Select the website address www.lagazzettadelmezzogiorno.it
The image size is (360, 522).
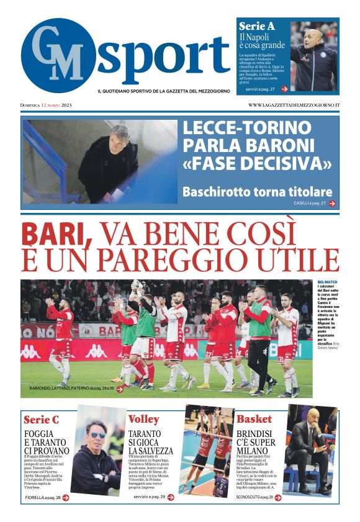(294, 105)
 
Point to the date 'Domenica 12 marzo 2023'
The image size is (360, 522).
(47, 105)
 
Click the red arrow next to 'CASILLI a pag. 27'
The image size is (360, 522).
(333, 203)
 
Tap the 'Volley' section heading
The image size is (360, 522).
(144, 419)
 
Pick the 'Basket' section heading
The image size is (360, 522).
(254, 419)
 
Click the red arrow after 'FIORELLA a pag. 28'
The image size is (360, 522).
(65, 497)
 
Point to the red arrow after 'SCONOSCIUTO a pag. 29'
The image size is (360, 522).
(277, 497)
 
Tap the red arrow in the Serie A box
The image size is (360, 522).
(284, 89)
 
